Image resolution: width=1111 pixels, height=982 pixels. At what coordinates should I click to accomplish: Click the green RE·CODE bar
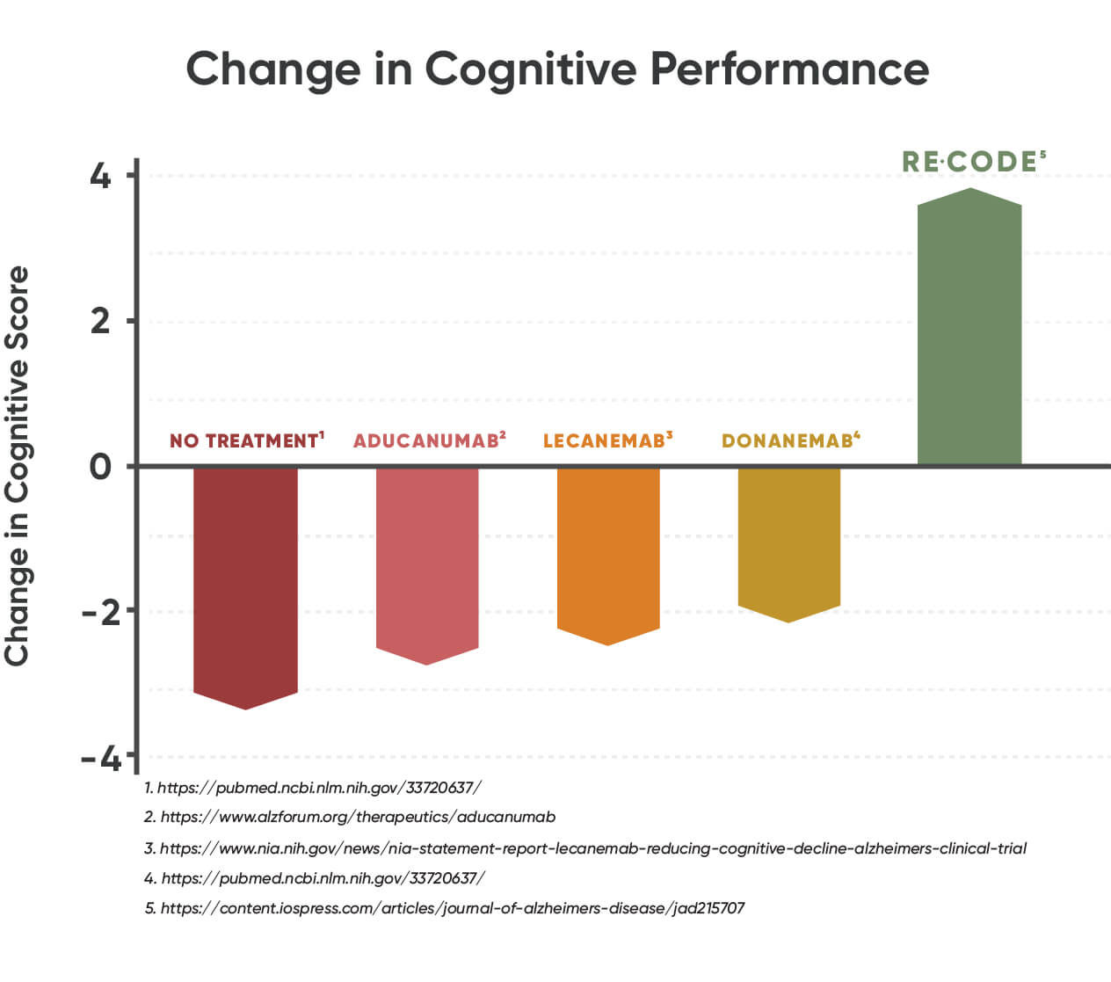tap(969, 330)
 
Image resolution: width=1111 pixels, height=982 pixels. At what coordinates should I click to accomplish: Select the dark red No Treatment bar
tap(245, 580)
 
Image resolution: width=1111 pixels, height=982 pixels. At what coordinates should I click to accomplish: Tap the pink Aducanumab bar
tap(427, 558)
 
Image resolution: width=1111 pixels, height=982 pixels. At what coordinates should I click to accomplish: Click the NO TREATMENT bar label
tap(246, 440)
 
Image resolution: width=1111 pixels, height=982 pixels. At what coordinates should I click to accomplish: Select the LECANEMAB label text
tap(606, 440)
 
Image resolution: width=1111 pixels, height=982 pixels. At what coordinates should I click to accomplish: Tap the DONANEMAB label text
tap(789, 440)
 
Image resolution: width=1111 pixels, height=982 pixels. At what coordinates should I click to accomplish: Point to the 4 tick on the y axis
tap(101, 176)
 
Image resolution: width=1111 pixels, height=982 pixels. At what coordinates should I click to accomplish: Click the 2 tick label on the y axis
tap(101, 321)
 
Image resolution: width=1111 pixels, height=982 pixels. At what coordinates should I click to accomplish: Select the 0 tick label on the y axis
tap(101, 466)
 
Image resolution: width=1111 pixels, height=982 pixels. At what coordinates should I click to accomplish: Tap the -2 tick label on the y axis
tap(101, 611)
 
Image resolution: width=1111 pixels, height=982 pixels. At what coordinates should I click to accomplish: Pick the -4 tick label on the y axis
tap(101, 757)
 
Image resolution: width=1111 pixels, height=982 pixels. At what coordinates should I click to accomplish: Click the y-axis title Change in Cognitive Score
tap(18, 466)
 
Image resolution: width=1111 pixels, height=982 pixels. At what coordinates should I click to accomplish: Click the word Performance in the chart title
tap(789, 69)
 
